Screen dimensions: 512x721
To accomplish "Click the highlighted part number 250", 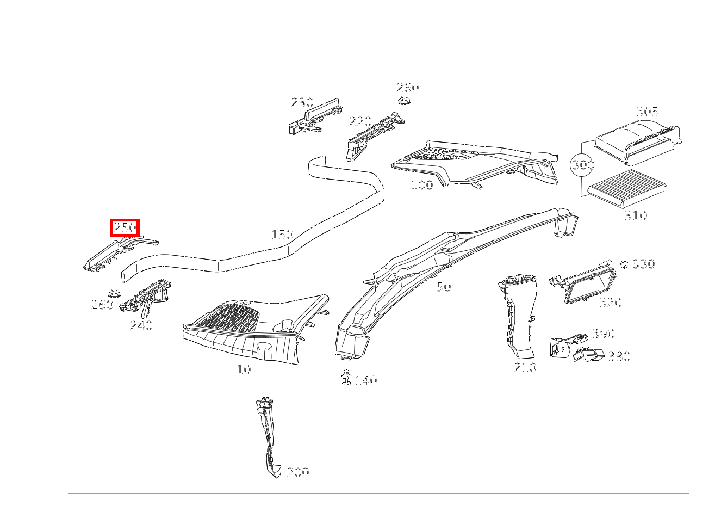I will coord(125,227).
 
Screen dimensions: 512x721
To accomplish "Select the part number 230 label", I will coord(302,102).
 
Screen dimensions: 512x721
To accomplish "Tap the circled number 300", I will coord(582,164).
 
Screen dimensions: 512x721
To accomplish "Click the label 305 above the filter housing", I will coord(647,112).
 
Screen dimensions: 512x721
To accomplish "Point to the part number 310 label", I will coord(635,215).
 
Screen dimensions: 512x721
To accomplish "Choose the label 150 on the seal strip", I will coord(282,235).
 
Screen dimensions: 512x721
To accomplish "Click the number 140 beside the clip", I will coord(366,380).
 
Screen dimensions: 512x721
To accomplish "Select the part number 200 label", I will coord(297,472).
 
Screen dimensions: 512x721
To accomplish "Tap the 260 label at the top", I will coord(407,88).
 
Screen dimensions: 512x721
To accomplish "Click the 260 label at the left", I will coord(102,305).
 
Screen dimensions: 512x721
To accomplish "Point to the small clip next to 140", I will coord(345,377).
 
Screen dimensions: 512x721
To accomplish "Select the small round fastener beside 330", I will coord(624,265).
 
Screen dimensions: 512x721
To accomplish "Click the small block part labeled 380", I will coord(588,355).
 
